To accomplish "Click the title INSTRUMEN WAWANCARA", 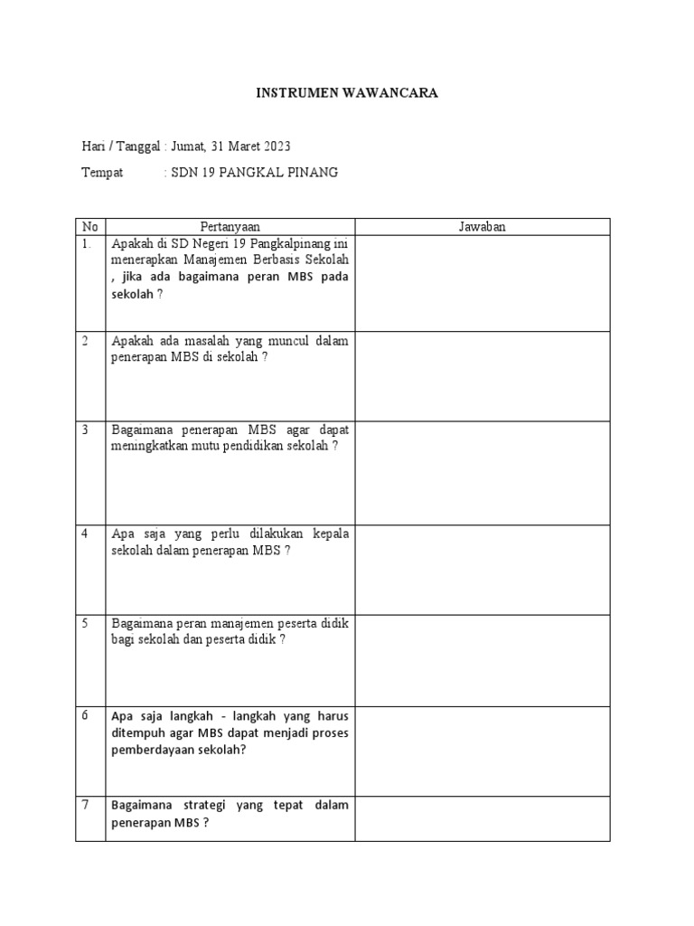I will click(x=346, y=93).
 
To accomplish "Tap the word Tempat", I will click(x=102, y=172).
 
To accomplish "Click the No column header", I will click(x=89, y=227).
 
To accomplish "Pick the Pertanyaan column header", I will click(x=230, y=227).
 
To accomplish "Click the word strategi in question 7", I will click(x=202, y=805).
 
